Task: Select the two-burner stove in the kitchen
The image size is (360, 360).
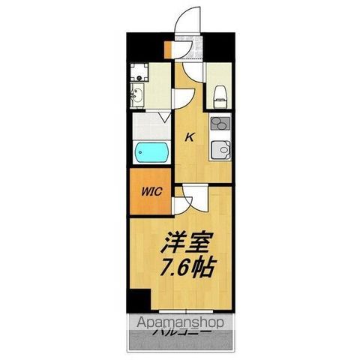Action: (220, 124)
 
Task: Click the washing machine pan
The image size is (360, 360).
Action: (139, 73)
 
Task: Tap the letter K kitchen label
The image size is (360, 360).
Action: (190, 136)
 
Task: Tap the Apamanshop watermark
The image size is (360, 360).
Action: (181, 323)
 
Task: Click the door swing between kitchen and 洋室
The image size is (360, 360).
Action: (184, 199)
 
